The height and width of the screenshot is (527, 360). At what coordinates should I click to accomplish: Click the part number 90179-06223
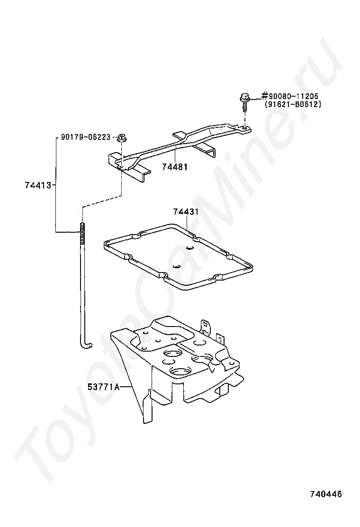coord(85,137)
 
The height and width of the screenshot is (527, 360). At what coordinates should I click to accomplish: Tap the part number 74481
coord(174,167)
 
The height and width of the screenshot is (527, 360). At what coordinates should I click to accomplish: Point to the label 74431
coord(186,211)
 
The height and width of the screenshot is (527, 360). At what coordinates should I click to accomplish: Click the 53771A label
coord(102,387)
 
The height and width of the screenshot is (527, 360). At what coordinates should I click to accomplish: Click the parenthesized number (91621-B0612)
coord(293,104)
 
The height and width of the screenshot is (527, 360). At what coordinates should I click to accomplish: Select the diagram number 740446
coord(325,494)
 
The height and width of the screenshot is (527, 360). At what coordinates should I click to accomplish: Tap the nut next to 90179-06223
coord(121,137)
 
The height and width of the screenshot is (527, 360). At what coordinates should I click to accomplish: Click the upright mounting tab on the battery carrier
coord(205,326)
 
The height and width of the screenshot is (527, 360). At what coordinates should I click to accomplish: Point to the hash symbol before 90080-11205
coord(265,97)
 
